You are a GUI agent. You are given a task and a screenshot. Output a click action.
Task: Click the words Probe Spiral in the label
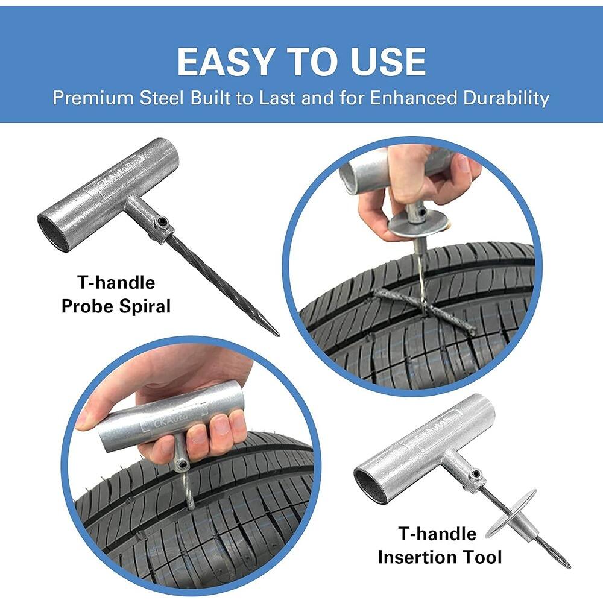click(x=116, y=306)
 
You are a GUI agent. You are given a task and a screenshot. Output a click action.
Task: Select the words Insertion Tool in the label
click(x=440, y=557)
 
